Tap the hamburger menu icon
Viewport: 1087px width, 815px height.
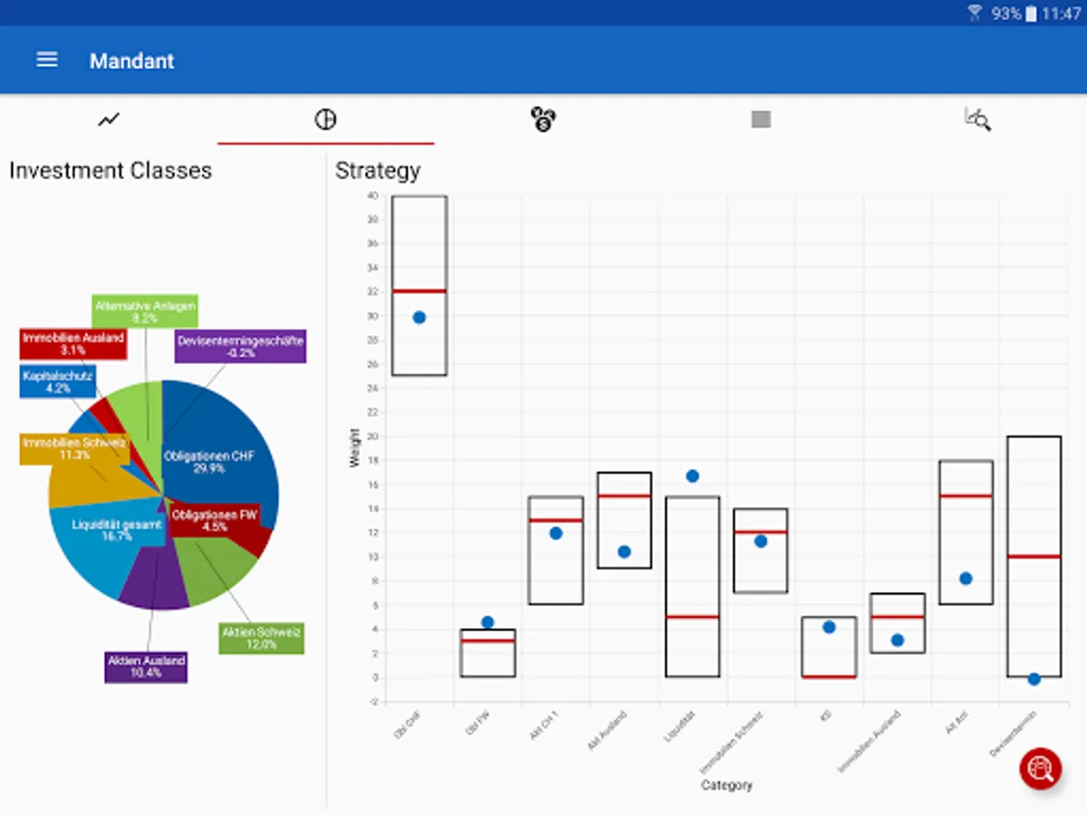pos(47,60)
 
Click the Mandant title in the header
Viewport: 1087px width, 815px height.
pos(132,61)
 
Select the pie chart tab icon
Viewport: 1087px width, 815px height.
pos(325,119)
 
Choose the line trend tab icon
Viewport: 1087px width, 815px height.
pos(109,119)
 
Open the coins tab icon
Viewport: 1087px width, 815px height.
pos(543,119)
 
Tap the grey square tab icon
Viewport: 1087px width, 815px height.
pos(761,119)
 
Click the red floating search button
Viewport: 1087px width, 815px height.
pos(1040,769)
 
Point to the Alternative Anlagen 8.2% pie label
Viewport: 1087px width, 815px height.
pos(145,312)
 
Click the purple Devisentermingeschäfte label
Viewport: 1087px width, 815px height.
pos(241,346)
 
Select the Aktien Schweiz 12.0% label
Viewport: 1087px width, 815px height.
pos(262,638)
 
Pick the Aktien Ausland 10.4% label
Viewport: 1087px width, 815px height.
pos(146,666)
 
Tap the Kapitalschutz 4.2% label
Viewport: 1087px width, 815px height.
pos(58,381)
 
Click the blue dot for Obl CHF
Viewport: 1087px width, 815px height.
pos(419,317)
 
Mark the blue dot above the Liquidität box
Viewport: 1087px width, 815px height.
pos(692,475)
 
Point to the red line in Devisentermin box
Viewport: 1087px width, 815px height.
pos(1034,556)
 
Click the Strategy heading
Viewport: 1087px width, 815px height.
pos(378,170)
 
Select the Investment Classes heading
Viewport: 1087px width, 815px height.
pos(111,170)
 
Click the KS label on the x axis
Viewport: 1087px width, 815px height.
pos(826,715)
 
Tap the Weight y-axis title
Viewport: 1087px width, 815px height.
pos(354,447)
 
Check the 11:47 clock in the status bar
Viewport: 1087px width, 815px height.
pos(1061,14)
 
